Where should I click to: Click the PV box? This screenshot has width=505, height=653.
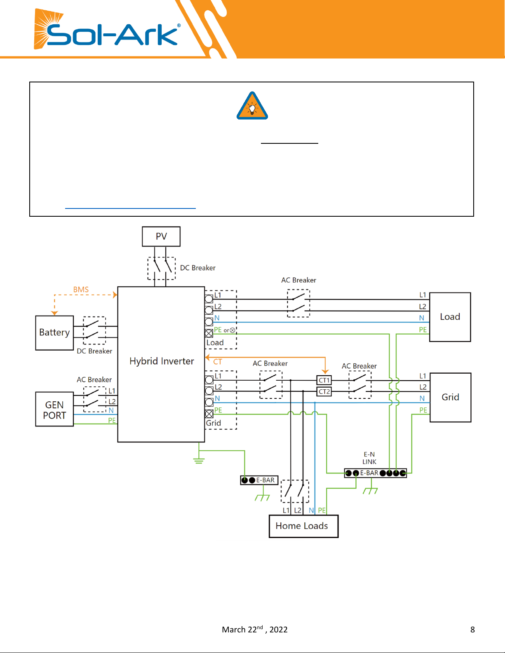click(x=161, y=236)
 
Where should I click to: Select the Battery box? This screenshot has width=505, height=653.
click(x=54, y=332)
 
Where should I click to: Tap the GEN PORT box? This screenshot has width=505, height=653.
click(x=54, y=409)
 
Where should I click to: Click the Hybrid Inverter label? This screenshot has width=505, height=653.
click(x=162, y=361)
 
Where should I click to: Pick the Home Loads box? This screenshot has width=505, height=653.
click(x=303, y=526)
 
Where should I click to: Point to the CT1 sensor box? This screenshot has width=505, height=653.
click(x=324, y=380)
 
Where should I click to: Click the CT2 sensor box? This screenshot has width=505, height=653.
click(x=324, y=391)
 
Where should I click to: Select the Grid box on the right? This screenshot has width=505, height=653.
click(x=450, y=397)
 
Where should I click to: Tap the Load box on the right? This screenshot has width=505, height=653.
click(x=450, y=317)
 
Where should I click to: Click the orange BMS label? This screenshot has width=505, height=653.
click(x=81, y=289)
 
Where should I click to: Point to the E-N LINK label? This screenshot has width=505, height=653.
click(x=369, y=458)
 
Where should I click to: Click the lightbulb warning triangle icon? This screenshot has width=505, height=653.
click(x=252, y=106)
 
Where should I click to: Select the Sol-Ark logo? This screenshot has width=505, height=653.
click(x=107, y=29)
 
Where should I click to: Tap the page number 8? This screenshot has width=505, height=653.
click(x=472, y=630)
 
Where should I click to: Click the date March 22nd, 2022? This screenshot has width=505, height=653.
click(x=255, y=629)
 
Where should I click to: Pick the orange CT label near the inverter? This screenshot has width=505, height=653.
click(x=218, y=361)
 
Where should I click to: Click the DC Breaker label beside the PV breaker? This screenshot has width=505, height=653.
click(x=198, y=268)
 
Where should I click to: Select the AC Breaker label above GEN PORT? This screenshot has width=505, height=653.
click(x=94, y=379)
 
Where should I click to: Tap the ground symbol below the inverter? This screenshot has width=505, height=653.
click(x=199, y=461)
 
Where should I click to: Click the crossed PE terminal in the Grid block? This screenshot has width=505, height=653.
click(x=209, y=414)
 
